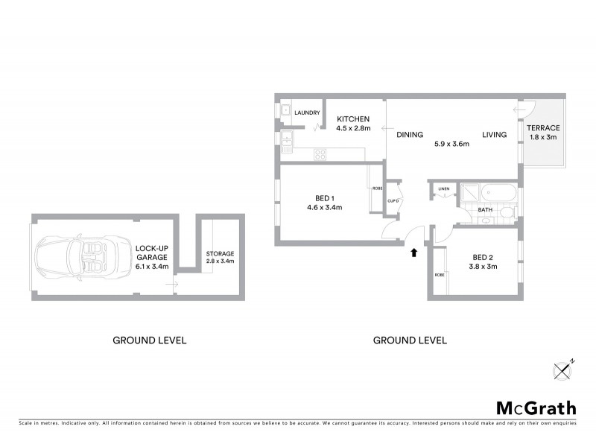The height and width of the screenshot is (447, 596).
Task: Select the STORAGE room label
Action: pyautogui.click(x=220, y=253)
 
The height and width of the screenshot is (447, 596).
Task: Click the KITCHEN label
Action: pyautogui.click(x=353, y=119)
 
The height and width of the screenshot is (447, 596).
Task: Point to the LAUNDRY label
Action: pyautogui.click(x=306, y=113)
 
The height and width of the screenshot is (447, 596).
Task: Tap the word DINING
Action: pyautogui.click(x=409, y=135)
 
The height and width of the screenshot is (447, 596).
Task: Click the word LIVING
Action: pyautogui.click(x=494, y=135)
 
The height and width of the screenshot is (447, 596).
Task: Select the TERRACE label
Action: pyautogui.click(x=545, y=128)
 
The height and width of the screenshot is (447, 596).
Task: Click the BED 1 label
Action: pyautogui.click(x=324, y=197)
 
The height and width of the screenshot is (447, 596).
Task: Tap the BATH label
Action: pyautogui.click(x=485, y=210)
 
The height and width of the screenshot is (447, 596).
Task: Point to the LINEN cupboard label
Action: pyautogui.click(x=444, y=188)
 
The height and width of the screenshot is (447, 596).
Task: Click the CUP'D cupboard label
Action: pyautogui.click(x=394, y=201)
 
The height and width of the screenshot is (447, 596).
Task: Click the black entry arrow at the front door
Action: pyautogui.click(x=414, y=253)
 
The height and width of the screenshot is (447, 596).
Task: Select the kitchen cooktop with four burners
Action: pyautogui.click(x=321, y=155)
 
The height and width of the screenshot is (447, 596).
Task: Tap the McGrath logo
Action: pyautogui.click(x=536, y=408)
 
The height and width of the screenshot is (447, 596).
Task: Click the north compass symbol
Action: pyautogui.click(x=563, y=369)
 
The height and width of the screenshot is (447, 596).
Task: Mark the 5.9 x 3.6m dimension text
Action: pyautogui.click(x=452, y=144)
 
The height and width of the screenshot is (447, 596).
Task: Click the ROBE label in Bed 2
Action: pyautogui.click(x=439, y=276)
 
